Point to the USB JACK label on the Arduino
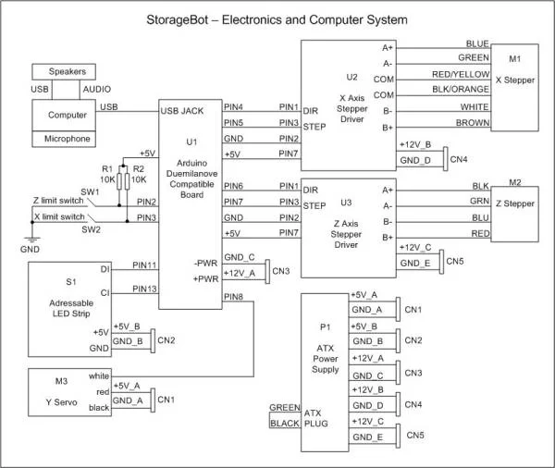(x=182, y=108)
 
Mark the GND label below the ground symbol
(x=30, y=250)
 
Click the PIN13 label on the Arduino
(x=143, y=289)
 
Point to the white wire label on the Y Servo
(x=100, y=376)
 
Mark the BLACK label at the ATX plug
(x=285, y=424)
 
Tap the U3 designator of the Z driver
(x=347, y=201)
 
